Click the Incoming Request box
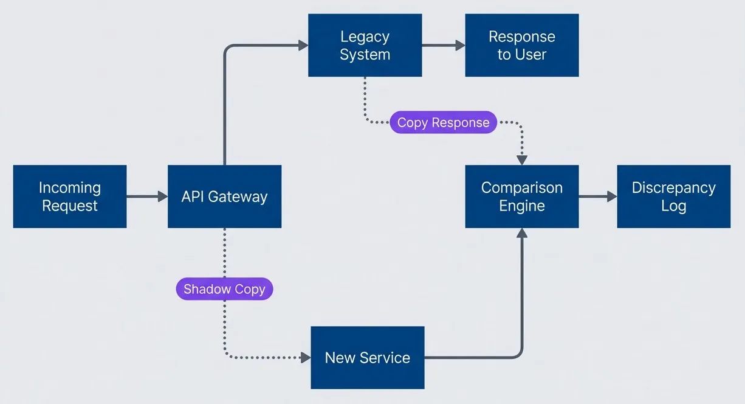(x=70, y=197)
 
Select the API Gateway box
(x=224, y=197)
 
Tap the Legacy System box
(x=365, y=46)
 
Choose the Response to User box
(x=521, y=46)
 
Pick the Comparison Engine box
(x=521, y=197)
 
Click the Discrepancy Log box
(x=673, y=197)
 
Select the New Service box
(x=367, y=358)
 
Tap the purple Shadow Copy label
(x=224, y=289)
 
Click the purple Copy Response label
(x=443, y=122)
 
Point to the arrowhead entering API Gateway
(x=162, y=197)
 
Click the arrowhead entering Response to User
(x=460, y=46)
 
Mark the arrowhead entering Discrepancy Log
(x=612, y=197)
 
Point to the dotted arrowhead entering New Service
(x=306, y=358)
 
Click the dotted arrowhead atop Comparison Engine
(x=521, y=160)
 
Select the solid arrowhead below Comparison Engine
(x=521, y=233)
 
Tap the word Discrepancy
(x=673, y=188)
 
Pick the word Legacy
(x=365, y=37)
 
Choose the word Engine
(x=521, y=206)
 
